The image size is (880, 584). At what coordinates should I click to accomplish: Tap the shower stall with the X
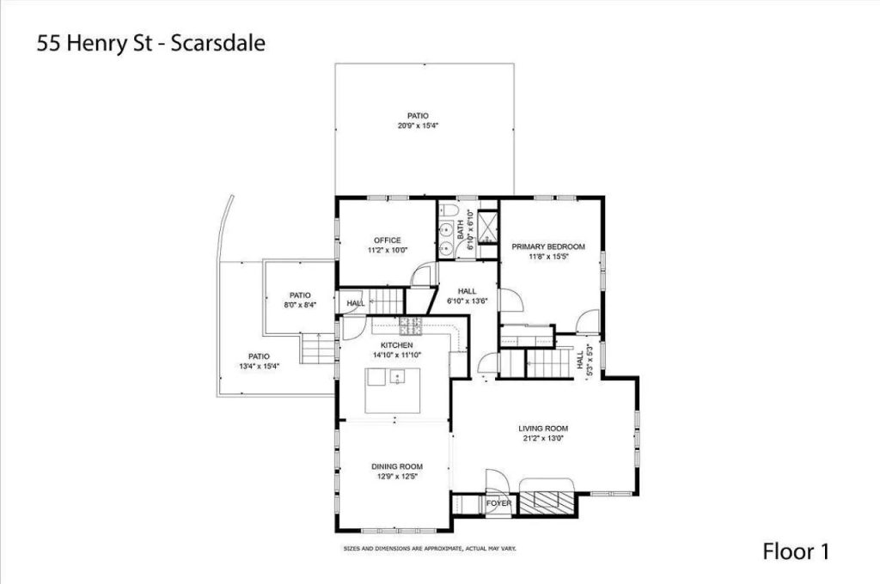coord(487,228)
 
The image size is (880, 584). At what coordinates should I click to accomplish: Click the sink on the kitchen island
coord(396,376)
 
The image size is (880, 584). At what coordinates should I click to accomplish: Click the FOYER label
coord(498,503)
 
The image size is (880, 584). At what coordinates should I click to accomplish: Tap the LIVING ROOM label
coord(543,428)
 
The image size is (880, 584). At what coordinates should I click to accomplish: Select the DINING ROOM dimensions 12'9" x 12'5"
coord(397,478)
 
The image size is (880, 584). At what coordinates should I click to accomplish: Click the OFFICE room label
coord(388,240)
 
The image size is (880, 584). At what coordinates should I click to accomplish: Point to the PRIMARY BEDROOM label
coord(548,246)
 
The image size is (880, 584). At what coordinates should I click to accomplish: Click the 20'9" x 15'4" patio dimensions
coord(419,126)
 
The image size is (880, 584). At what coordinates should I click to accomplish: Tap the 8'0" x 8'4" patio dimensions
coord(300,305)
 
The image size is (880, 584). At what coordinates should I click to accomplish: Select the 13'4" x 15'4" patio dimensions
coord(260,366)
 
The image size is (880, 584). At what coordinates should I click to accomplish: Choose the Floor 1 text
coord(796,551)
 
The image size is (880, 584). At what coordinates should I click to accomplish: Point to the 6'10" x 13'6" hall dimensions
coord(468,301)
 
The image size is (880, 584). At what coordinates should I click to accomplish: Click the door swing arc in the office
coord(421,274)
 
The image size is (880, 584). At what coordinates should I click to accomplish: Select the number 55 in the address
coord(48,43)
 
